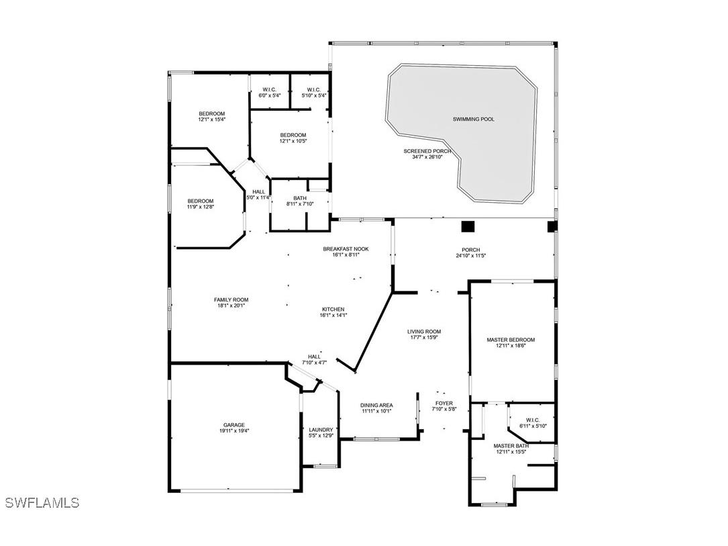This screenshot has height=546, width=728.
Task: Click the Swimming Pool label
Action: [x=474, y=120]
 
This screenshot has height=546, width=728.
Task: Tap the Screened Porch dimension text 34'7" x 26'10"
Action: [x=427, y=157]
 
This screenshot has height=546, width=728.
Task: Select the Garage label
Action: [x=234, y=425]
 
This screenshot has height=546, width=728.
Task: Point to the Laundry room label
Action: [x=321, y=430]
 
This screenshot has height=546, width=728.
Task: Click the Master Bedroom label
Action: [x=511, y=340]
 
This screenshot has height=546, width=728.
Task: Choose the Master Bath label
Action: [x=511, y=446]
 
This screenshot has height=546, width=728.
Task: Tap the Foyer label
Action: [x=444, y=404]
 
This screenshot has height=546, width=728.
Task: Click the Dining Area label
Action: [x=376, y=405]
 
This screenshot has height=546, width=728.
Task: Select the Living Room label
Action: [x=424, y=332]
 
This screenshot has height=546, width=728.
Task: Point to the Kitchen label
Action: [x=333, y=310]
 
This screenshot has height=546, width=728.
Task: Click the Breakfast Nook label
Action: [x=346, y=249]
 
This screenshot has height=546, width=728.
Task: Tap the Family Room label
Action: [x=231, y=300]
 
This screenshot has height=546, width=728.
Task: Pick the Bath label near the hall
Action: [x=300, y=198]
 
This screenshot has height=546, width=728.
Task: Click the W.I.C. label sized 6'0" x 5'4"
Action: [x=269, y=90]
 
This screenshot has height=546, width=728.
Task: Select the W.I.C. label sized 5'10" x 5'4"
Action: [x=314, y=90]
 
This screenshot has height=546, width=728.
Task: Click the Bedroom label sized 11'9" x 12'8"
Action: [x=201, y=201]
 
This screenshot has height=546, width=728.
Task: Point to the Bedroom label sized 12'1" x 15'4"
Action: [x=212, y=114]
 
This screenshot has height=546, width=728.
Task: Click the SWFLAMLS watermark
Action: [x=42, y=502]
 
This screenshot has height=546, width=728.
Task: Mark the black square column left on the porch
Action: [x=468, y=226]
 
